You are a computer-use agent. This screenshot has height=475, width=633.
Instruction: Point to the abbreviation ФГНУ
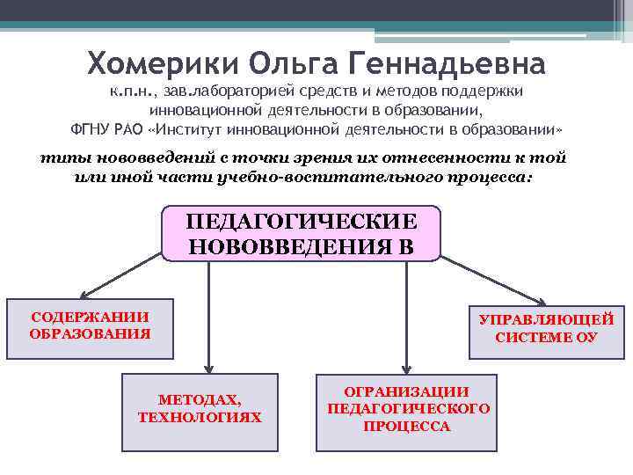coord(88,130)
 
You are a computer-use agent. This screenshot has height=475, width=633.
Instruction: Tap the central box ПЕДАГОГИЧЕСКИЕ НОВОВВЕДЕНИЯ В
coord(301,233)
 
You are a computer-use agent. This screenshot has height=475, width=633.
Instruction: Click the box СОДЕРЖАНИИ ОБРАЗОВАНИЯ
coord(90,325)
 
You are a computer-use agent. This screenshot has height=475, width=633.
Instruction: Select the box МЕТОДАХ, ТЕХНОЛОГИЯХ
coord(200,408)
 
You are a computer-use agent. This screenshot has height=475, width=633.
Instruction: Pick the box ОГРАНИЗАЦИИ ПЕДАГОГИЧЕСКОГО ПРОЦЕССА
coord(406,408)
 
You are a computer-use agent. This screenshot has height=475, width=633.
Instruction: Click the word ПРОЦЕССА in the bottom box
coord(406,427)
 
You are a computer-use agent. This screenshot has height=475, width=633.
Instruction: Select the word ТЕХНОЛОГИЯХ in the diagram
coord(200,417)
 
